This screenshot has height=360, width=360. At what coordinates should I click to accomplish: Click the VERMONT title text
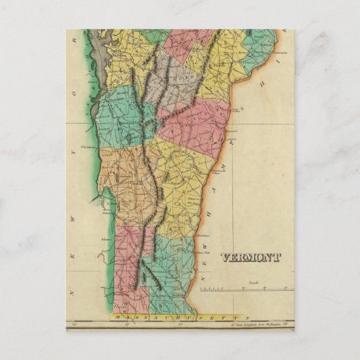click(250, 257)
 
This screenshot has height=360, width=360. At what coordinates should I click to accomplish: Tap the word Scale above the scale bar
click(253, 280)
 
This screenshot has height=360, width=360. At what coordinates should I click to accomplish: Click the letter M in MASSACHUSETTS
click(118, 317)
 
